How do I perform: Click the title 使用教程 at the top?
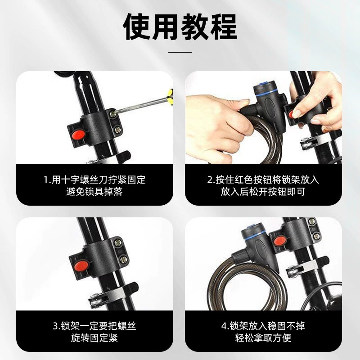coord(180,27)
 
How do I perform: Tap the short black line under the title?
coord(180,52)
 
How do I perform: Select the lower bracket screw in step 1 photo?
coord(118,130)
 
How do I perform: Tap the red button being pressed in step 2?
coord(291,114)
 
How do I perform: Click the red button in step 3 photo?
coord(81,265)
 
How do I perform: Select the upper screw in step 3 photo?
coord(118,243)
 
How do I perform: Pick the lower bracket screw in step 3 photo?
coord(124,260)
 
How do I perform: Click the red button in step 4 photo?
coord(280,241)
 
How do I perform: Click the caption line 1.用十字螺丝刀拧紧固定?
coord(94,180)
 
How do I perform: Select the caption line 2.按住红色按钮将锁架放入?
coord(263,180)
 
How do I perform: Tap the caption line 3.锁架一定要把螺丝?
coord(94,326)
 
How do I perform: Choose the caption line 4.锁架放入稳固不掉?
coord(263,326)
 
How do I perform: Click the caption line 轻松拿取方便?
coord(263,338)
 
